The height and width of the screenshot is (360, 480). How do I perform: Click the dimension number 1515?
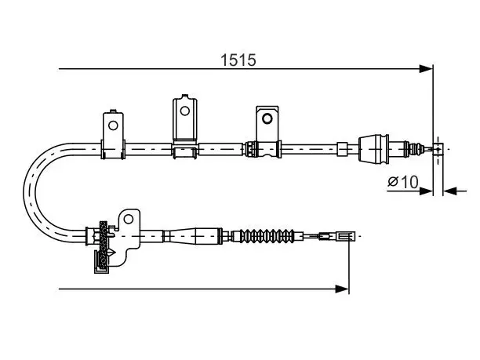238,60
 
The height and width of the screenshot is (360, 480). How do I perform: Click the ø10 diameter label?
403,182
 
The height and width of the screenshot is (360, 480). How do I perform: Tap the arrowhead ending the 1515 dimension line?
426,69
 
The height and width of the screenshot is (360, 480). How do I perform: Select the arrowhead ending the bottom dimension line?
342,289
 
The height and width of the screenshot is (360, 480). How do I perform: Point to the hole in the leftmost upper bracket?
113,125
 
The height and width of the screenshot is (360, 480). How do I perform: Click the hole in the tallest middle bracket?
184,111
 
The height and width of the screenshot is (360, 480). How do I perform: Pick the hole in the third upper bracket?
267,118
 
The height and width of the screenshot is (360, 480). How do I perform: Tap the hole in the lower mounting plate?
129,219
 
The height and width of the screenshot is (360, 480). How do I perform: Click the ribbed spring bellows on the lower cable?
267,236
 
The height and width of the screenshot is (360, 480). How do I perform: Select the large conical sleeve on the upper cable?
374,149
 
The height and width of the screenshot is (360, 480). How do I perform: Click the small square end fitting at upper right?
438,149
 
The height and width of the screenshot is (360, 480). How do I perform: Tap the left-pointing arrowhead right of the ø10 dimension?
450,191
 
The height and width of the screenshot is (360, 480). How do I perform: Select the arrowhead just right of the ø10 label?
426,191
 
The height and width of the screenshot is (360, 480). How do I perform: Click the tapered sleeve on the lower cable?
193,236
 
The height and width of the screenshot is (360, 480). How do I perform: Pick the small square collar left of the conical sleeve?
342,149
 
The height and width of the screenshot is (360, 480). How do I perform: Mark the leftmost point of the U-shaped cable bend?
24,192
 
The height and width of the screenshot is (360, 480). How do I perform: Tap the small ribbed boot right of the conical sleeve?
414,149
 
